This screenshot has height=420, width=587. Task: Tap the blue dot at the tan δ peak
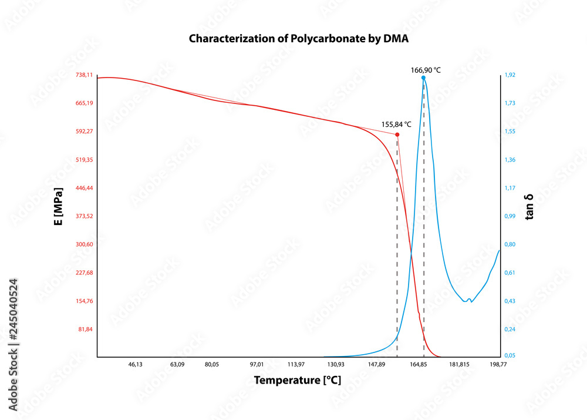pos(423,78)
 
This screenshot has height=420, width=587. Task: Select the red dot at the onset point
pos(397,135)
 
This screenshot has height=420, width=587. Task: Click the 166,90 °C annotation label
pos(426,70)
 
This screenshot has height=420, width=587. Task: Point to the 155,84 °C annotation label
pos(396,125)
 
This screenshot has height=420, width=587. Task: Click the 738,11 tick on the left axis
pos(85,75)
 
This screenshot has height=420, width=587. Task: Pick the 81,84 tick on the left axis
pos(86,329)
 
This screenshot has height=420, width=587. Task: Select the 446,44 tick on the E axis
pos(85,188)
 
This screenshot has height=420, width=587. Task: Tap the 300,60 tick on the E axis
pos(85,244)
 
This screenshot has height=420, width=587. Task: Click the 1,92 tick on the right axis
pos(510,75)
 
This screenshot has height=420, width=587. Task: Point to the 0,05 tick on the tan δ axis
pos(510,356)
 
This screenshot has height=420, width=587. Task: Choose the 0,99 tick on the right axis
pos(510,216)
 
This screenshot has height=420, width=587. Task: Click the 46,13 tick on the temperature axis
pos(135,365)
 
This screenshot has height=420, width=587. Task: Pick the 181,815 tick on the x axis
pos(459,365)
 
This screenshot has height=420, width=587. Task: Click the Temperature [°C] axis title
pos(297,381)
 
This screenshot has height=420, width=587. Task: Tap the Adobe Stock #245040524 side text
pos(14,345)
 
